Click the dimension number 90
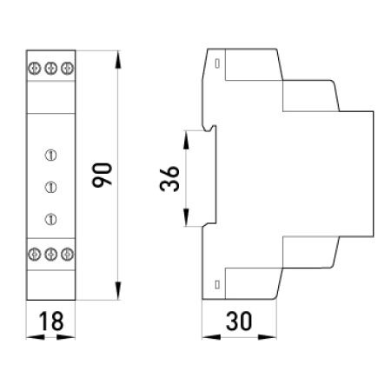point(102,175)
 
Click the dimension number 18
point(51,321)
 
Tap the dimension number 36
point(169,178)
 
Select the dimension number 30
point(239,321)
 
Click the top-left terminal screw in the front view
point(35,69)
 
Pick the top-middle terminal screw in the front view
point(51,69)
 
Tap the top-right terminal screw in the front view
point(67,69)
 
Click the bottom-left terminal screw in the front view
point(35,254)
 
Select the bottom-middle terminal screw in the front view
point(51,254)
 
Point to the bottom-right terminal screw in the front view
point(67,254)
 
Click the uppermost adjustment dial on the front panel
point(50,156)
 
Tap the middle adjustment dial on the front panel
point(50,187)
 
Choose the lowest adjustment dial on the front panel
point(50,219)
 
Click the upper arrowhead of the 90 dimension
point(117,60)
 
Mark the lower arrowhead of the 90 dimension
point(117,290)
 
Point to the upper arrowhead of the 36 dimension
point(186,140)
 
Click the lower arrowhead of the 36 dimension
point(186,217)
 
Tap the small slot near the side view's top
point(217,63)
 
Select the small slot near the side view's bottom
point(217,285)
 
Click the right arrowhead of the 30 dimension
point(268,337)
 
